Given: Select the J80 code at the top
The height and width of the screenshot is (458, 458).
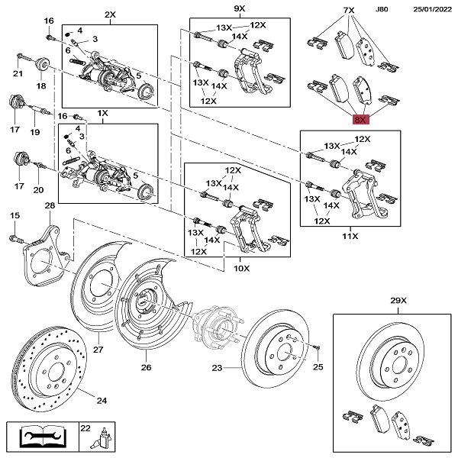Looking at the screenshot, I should click(x=382, y=8).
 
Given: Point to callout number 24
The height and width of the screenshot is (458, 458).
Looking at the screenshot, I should click(x=102, y=398).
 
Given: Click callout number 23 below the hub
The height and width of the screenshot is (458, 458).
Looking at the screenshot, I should click(x=216, y=369).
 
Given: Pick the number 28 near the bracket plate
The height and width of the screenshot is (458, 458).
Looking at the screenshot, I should click(x=50, y=206).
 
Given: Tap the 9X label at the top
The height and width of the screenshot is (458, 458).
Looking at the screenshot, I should click(x=238, y=8).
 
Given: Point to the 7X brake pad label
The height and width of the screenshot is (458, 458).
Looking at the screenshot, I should click(x=349, y=10).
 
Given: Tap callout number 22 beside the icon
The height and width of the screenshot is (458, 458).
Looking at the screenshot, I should click(x=85, y=428).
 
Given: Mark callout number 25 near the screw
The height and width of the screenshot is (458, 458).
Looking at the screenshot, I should click(x=318, y=368).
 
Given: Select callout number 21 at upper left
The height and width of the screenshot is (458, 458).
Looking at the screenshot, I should click(x=18, y=73).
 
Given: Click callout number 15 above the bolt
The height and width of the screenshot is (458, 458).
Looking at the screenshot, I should click(x=14, y=217).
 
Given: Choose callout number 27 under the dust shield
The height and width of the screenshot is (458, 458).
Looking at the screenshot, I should click(x=98, y=350).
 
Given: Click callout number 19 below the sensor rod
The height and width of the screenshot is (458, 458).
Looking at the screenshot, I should click(x=35, y=132).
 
